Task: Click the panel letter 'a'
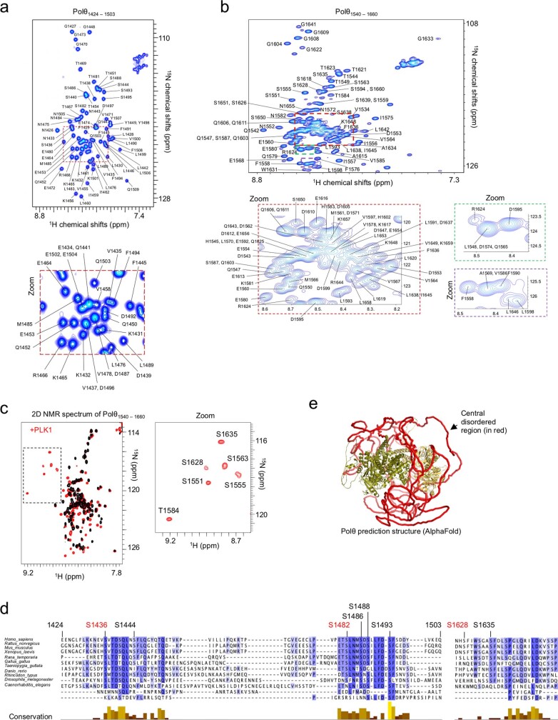[x=6, y=6]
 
